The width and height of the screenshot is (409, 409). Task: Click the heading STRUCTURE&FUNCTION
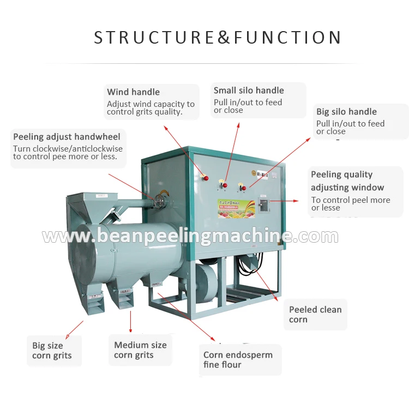(x=218, y=37)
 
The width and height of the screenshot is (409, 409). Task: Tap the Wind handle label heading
(x=133, y=92)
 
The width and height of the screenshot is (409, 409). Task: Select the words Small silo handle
(x=249, y=91)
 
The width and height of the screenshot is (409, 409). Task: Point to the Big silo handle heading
(x=346, y=112)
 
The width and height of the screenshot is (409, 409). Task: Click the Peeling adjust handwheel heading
(x=67, y=136)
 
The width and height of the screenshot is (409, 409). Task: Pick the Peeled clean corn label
(x=315, y=315)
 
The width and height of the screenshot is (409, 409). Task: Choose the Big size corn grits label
(x=52, y=351)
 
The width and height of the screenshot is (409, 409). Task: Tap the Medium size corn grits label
(x=140, y=350)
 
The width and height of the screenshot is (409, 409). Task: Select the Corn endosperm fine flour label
(x=238, y=360)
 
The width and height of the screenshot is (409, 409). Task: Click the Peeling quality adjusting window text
(x=347, y=181)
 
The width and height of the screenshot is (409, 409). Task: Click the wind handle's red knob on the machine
(x=205, y=176)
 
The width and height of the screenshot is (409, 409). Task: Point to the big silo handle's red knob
(x=243, y=189)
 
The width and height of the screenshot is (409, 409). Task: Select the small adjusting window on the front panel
(x=263, y=206)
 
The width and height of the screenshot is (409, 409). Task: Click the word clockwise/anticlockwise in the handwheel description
(x=79, y=149)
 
